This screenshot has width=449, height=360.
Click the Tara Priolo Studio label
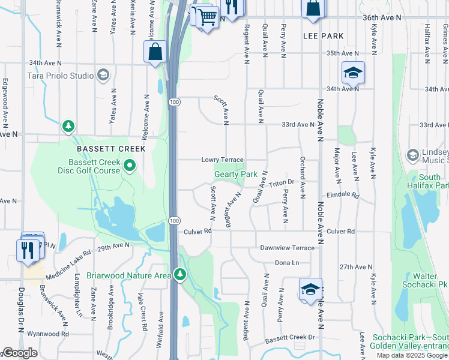[61, 76]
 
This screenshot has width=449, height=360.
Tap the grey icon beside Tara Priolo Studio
[103, 75]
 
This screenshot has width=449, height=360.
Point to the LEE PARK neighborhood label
[324, 36]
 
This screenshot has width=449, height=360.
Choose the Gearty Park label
[236, 174]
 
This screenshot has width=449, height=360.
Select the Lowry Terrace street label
[221, 160]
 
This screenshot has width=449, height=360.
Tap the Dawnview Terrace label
[287, 247]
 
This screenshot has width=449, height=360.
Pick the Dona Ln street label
[286, 263]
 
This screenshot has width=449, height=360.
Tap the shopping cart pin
[206, 19]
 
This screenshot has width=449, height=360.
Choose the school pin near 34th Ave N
[354, 73]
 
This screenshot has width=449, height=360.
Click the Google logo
[20, 353]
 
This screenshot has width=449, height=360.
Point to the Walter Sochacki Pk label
[424, 280]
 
